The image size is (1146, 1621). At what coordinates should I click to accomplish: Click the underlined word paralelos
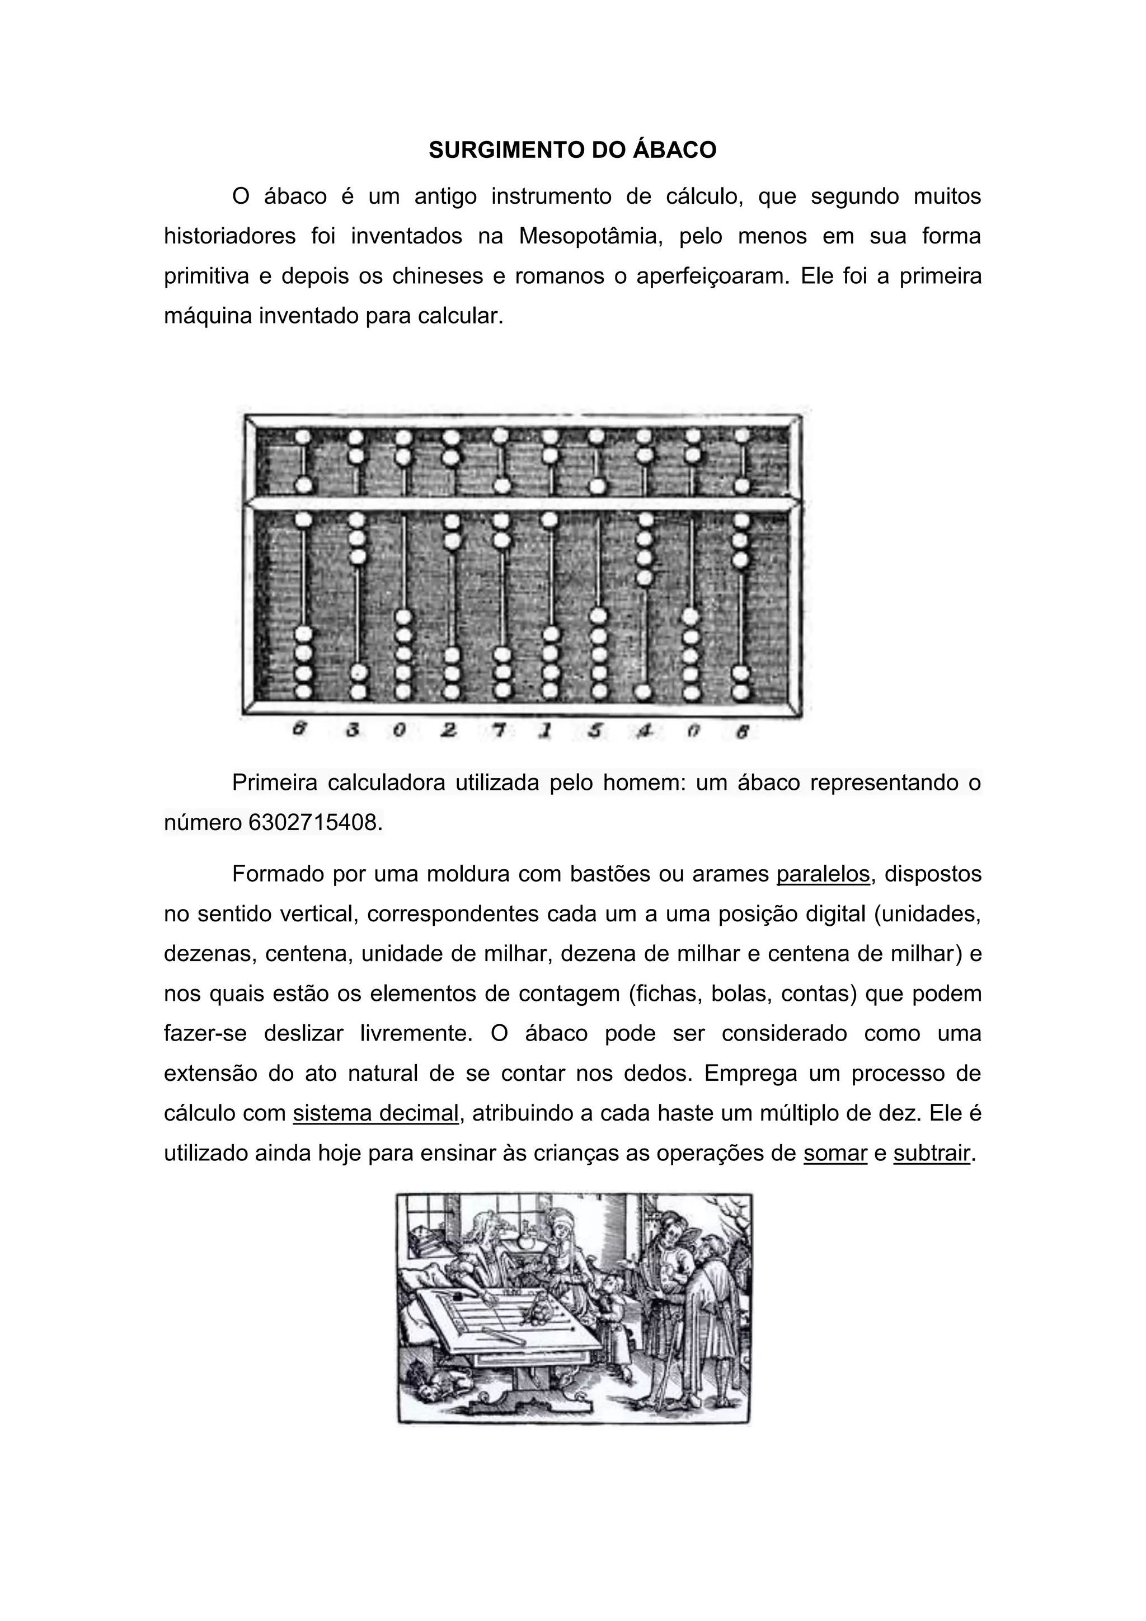(x=823, y=874)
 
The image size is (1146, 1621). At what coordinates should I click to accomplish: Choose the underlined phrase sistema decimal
(x=376, y=1113)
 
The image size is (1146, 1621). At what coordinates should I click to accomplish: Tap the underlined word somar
(x=835, y=1154)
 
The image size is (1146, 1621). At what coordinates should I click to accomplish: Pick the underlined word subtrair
(x=932, y=1154)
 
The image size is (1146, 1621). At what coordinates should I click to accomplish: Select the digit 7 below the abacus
(x=499, y=732)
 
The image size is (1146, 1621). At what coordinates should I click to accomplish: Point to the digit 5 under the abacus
(x=595, y=732)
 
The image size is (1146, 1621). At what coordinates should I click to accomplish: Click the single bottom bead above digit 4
(x=643, y=691)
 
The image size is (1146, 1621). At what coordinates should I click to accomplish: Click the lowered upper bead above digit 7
(x=502, y=486)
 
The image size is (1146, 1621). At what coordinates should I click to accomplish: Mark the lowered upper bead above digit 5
(x=597, y=486)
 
